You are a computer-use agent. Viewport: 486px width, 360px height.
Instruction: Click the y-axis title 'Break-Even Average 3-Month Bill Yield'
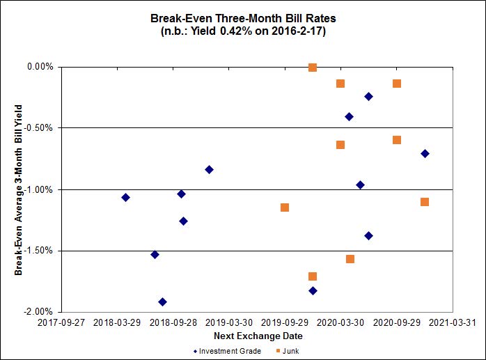tap(19, 189)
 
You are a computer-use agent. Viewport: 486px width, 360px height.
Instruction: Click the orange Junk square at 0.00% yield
tap(313, 68)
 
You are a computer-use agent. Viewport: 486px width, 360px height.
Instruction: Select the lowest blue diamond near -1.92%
tap(162, 302)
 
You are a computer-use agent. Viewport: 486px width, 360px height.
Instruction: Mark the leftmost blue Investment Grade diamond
tap(125, 197)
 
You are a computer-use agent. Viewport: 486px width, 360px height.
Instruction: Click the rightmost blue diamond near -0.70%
tap(425, 153)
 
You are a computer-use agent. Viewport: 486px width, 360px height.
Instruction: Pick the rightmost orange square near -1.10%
tap(425, 202)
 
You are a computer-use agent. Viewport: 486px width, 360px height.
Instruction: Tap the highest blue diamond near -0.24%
tap(368, 96)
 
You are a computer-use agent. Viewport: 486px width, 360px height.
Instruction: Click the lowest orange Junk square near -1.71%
tap(313, 276)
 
